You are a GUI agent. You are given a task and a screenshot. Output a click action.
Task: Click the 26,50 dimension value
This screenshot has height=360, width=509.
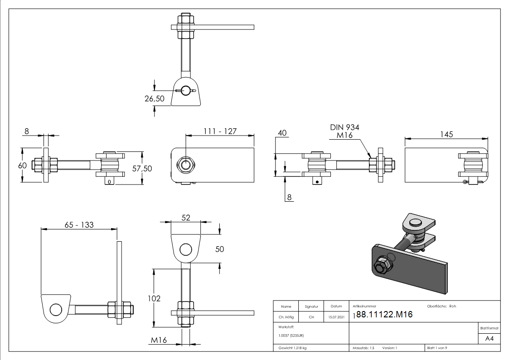pyautogui.click(x=155, y=98)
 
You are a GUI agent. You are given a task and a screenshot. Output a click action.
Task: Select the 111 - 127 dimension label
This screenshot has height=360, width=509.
pyautogui.click(x=220, y=131)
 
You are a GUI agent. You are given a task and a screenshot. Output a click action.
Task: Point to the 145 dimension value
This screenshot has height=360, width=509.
pyautogui.click(x=446, y=134)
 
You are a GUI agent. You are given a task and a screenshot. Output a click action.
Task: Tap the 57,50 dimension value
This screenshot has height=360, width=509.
pyautogui.click(x=142, y=168)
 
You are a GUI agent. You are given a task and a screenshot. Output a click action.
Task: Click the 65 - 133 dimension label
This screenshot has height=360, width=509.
pyautogui.click(x=79, y=225)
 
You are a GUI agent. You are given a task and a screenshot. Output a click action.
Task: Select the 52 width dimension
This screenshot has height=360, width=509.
pyautogui.click(x=185, y=218)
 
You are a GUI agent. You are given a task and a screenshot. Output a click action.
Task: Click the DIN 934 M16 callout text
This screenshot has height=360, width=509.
pyautogui.click(x=344, y=131)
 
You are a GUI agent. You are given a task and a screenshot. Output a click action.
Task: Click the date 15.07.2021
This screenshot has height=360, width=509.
pyautogui.click(x=336, y=317)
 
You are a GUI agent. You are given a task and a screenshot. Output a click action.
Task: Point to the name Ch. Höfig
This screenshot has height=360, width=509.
pyautogui.click(x=286, y=317)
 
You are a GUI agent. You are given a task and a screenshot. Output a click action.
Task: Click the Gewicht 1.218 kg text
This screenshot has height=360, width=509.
pyautogui.click(x=292, y=348)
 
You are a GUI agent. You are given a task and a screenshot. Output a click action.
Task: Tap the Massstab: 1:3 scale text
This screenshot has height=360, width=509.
pyautogui.click(x=364, y=348)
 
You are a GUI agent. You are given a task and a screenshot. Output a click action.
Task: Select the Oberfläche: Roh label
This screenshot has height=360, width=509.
pyautogui.click(x=441, y=306)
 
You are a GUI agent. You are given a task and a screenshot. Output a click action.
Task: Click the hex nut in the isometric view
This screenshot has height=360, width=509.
pyautogui.click(x=381, y=265)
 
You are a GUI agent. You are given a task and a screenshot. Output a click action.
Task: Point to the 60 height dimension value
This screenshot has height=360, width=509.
pyautogui.click(x=22, y=165)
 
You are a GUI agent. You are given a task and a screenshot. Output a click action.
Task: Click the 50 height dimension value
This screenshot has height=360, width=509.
pyautogui.click(x=219, y=249)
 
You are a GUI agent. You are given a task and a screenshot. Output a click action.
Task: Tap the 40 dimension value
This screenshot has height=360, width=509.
pyautogui.click(x=282, y=133)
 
